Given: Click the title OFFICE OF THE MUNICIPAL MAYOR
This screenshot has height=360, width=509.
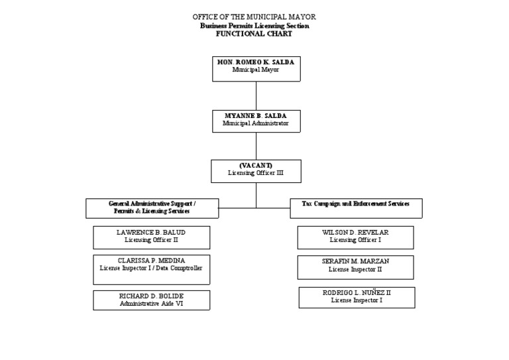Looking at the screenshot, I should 254,17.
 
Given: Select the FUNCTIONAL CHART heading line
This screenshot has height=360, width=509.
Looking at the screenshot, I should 254,34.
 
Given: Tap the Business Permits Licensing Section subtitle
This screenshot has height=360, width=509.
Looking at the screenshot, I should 254,25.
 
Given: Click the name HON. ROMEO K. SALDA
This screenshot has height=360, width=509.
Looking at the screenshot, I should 256,62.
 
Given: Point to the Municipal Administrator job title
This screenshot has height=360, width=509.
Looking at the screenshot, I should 256,123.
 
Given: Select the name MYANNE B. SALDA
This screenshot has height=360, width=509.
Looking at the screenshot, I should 256,116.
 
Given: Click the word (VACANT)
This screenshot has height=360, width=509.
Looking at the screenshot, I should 256,165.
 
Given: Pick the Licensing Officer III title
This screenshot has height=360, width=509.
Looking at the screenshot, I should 256,173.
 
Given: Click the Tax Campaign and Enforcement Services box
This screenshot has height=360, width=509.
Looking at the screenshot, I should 356,208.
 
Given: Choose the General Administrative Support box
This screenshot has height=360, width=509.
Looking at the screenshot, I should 152,208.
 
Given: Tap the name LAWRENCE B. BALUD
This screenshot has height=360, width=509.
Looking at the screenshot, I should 151,233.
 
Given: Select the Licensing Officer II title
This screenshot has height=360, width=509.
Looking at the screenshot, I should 151,241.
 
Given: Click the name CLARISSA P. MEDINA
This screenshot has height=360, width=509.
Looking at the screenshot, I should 151,261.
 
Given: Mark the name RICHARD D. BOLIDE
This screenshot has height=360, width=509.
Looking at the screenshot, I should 151,296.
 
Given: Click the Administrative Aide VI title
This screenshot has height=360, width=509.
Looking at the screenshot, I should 151,304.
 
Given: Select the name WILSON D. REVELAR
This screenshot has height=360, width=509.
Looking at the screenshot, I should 355,233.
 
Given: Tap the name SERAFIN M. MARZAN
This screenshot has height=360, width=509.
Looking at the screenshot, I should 355,261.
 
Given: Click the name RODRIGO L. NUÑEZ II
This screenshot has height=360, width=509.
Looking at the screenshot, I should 357,292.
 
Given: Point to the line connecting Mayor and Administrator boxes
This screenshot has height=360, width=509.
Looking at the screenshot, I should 256,95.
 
